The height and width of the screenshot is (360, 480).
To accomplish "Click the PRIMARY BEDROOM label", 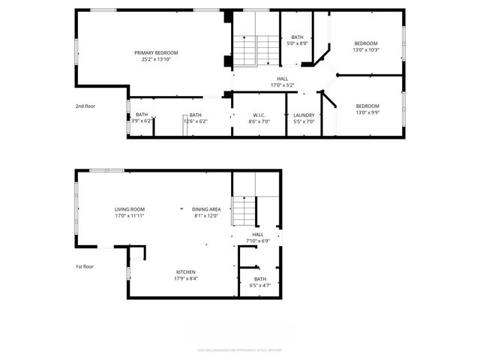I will pos(156,52).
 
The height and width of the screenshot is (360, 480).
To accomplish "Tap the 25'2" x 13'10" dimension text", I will pos(156,59).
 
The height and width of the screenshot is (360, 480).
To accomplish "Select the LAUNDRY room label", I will pos(304,115).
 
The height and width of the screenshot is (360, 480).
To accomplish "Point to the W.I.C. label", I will pos(260,115).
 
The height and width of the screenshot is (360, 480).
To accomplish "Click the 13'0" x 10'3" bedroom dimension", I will pos(366,50).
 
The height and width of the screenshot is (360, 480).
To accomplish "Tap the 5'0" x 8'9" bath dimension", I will pos(298,43).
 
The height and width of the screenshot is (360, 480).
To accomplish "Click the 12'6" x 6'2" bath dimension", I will pos(196,121).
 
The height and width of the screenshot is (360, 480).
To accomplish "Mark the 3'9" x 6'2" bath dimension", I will pos(142,121).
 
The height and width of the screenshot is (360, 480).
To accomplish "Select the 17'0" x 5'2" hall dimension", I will pos(282,85).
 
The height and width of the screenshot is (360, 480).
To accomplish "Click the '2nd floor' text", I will pos(85,106).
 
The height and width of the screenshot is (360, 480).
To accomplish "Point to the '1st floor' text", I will pos(84,266).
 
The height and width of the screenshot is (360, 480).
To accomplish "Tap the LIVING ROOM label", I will pos(130,209).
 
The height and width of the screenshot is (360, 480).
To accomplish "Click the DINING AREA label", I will pos(205,209).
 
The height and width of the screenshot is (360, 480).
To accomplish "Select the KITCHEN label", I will pos(186,271).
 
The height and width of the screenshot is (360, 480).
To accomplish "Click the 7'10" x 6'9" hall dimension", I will pos(258,241).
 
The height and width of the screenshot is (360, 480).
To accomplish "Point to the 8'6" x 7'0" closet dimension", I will pos(260,121).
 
